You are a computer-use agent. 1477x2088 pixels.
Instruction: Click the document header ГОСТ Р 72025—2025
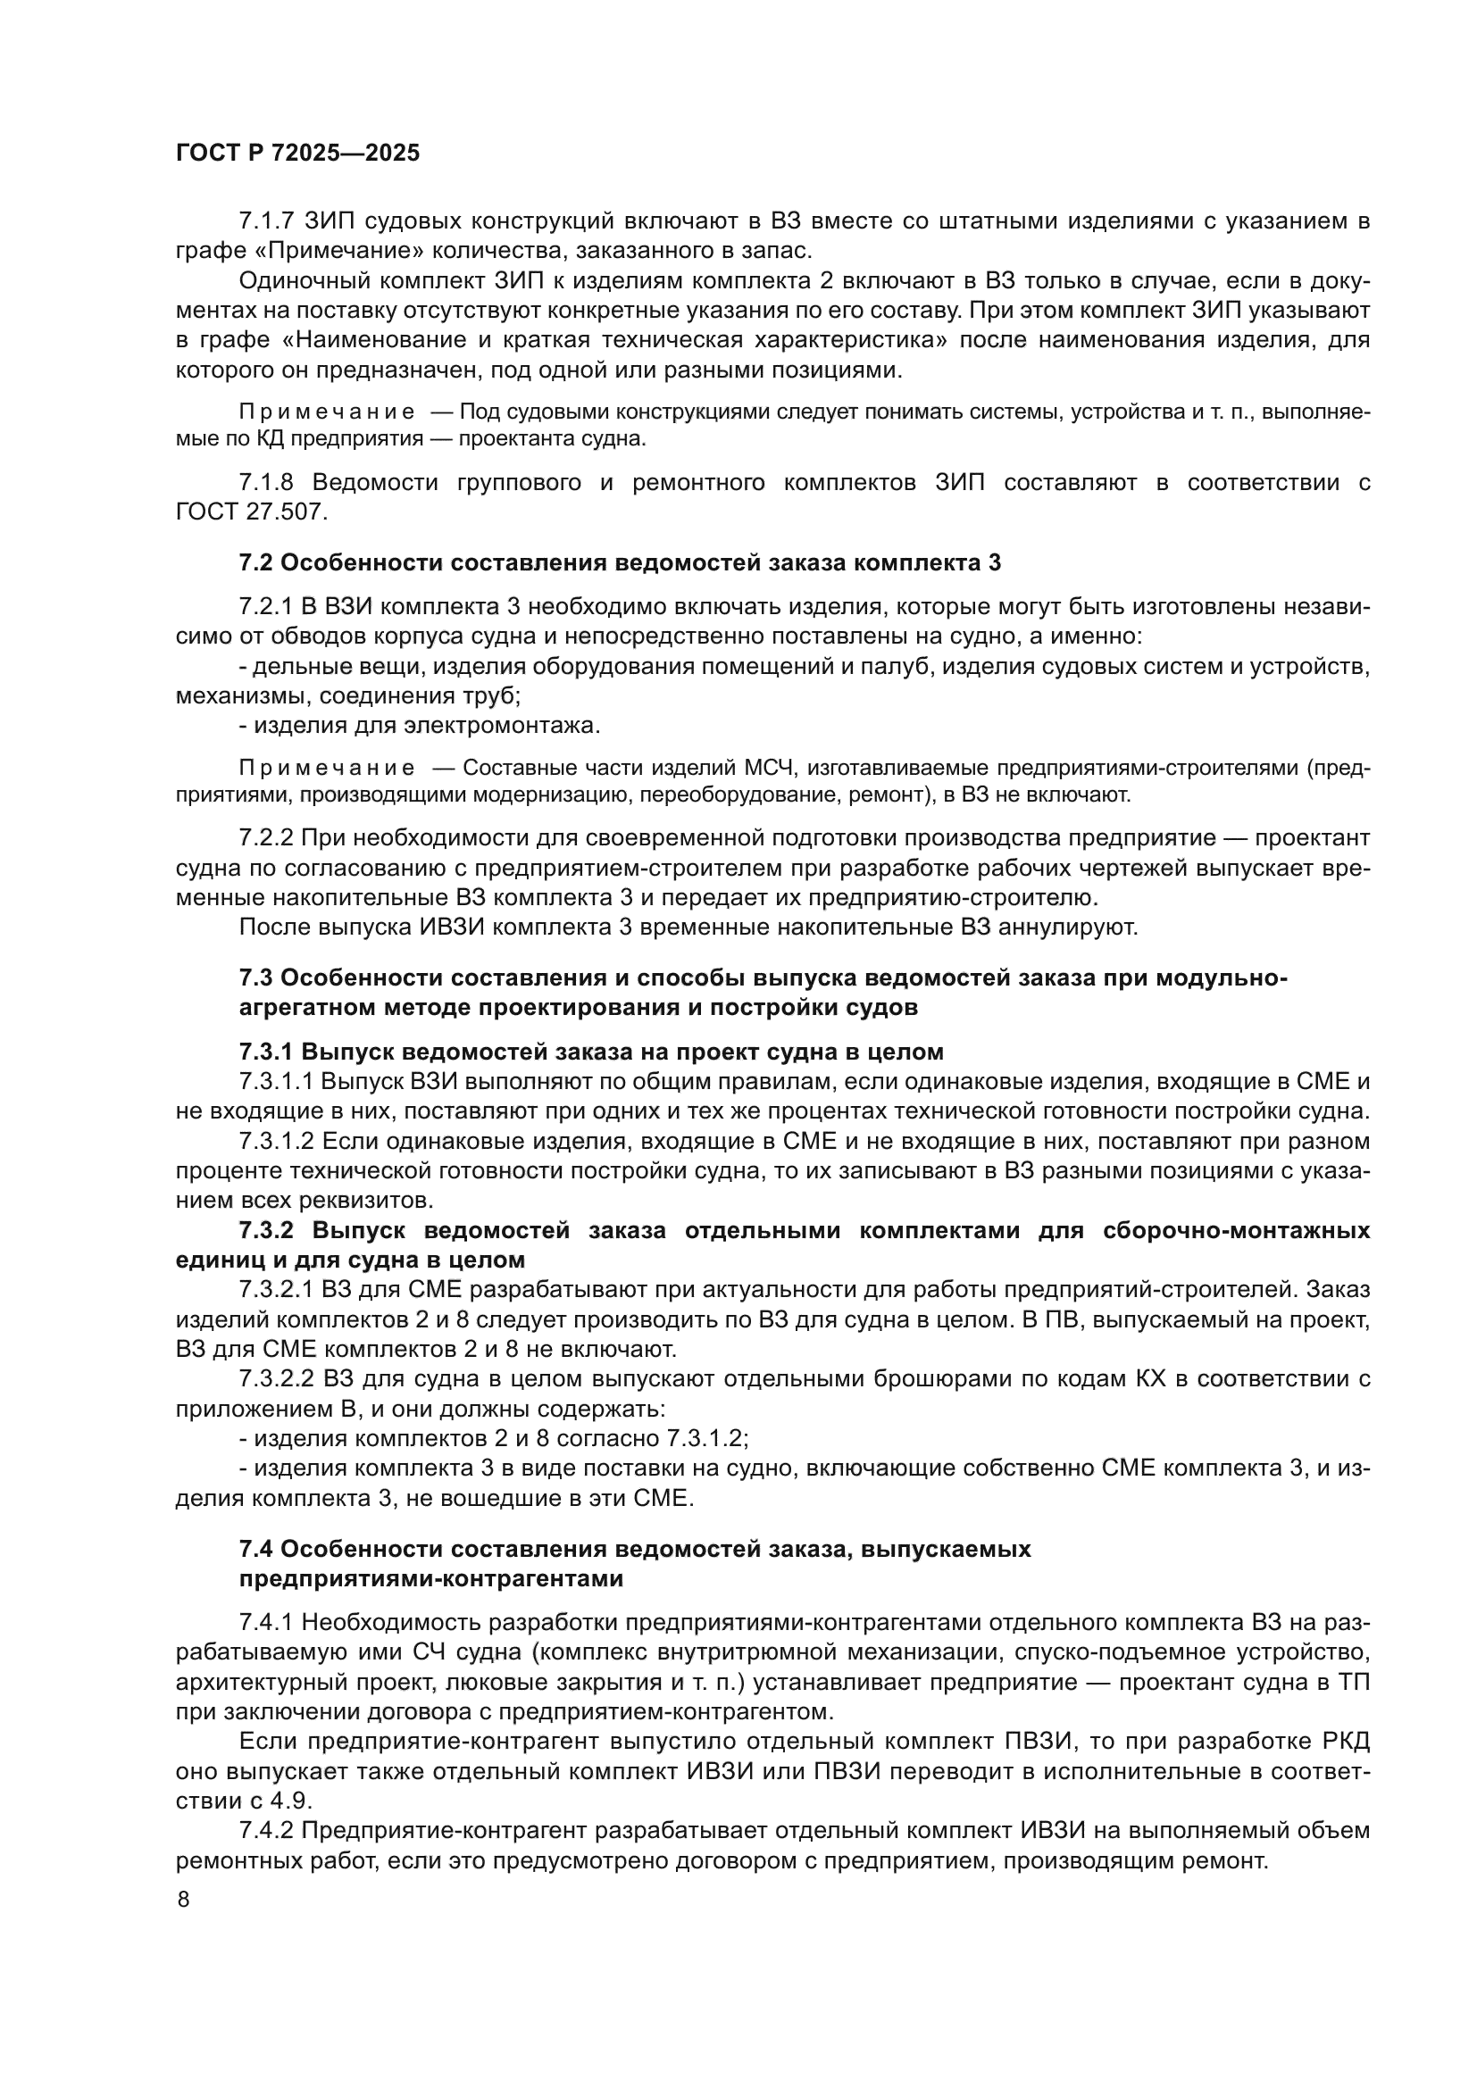(x=297, y=153)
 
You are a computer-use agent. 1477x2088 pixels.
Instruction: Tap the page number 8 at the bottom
(x=184, y=1899)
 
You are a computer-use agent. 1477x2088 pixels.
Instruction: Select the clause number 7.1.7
(x=266, y=221)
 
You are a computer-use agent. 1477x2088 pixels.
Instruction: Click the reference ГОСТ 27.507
(x=250, y=512)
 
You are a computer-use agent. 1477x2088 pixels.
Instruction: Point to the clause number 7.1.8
(x=266, y=483)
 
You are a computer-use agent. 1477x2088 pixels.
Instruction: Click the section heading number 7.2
(x=255, y=563)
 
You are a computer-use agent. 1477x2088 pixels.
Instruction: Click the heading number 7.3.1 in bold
(x=265, y=1052)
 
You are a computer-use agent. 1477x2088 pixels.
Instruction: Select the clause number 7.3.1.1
(x=276, y=1082)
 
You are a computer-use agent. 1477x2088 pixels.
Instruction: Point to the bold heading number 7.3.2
(x=265, y=1231)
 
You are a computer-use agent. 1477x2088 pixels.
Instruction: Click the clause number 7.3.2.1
(x=276, y=1290)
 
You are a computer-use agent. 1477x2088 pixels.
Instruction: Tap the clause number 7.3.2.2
(x=276, y=1378)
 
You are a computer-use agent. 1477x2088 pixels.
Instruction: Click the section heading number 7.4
(x=255, y=1550)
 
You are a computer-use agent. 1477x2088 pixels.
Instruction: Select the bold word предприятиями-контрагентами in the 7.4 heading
(x=431, y=1579)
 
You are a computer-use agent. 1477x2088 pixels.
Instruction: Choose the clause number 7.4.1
(x=266, y=1623)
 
